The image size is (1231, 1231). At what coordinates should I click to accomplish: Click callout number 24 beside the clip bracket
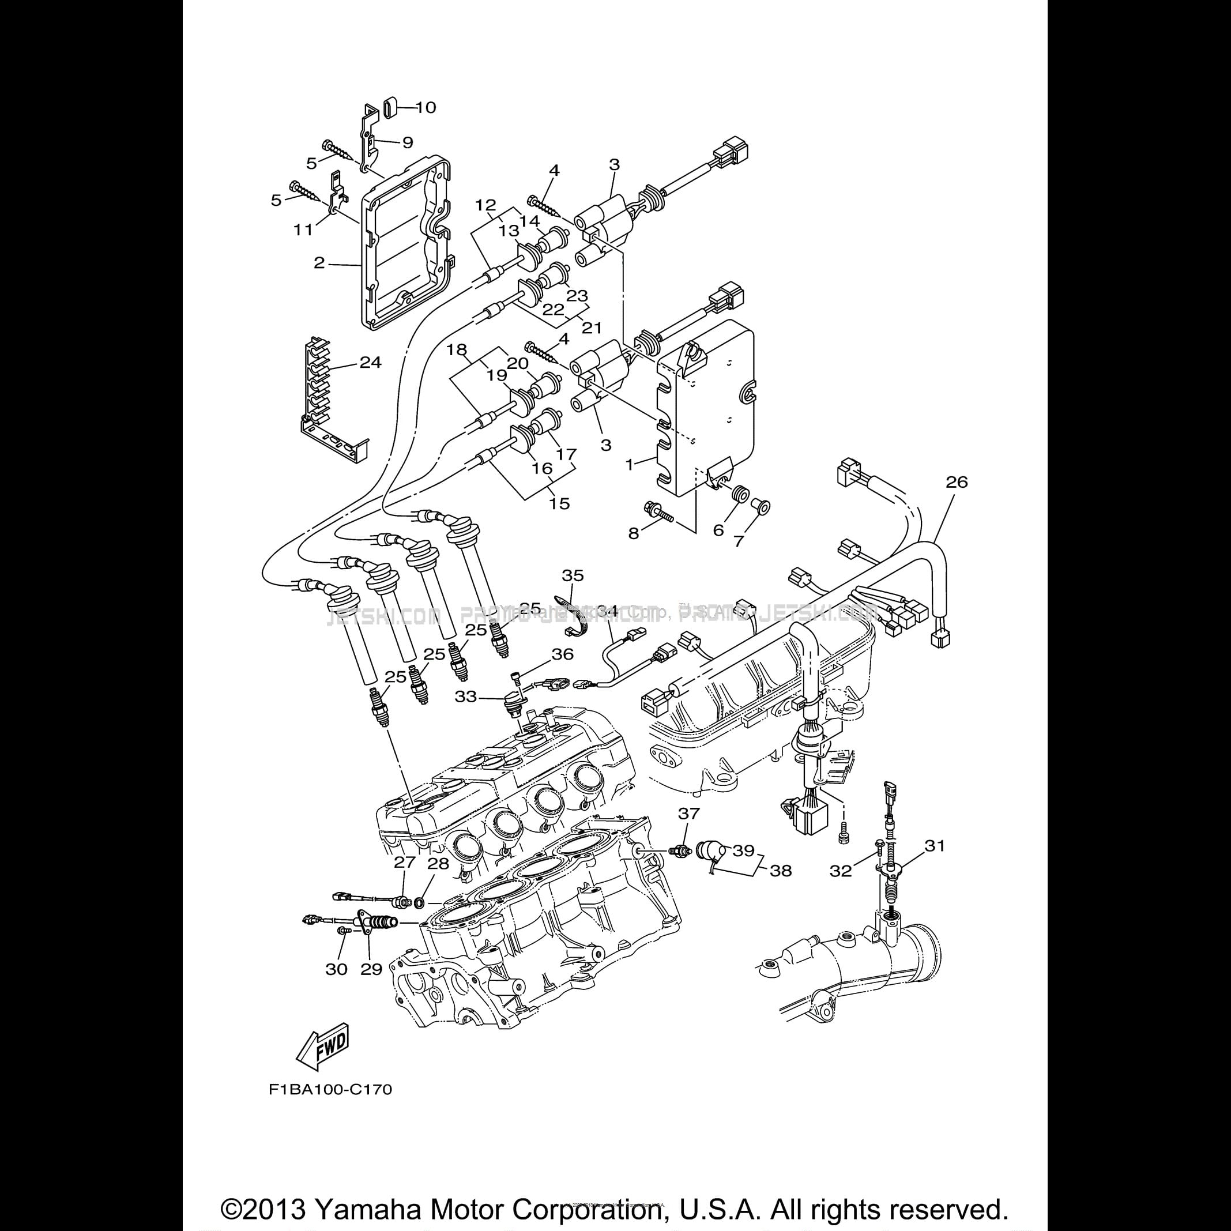[370, 363]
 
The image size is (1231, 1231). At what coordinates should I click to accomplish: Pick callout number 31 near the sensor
[935, 846]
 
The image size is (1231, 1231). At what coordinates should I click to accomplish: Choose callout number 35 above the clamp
[572, 576]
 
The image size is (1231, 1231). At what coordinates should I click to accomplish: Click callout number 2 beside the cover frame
[319, 262]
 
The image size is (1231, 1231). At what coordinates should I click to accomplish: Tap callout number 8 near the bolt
[633, 533]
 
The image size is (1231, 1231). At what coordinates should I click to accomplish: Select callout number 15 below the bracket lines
[559, 503]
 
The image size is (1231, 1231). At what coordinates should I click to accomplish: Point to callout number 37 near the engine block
[689, 813]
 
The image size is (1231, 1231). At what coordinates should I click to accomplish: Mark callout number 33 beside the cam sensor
[465, 697]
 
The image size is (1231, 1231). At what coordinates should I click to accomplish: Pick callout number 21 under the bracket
[592, 327]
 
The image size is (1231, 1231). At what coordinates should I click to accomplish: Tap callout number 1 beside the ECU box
[630, 465]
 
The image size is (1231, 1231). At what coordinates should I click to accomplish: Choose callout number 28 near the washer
[438, 864]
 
